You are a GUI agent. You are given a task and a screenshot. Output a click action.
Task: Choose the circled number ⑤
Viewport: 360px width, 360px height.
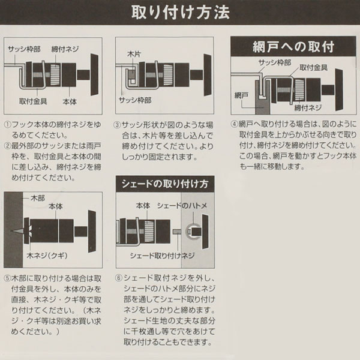[8, 278]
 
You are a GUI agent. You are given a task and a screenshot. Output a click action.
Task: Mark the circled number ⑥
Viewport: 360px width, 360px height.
[118, 278]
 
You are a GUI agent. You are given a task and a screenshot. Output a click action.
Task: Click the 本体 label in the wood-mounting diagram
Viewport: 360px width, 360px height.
[56, 206]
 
